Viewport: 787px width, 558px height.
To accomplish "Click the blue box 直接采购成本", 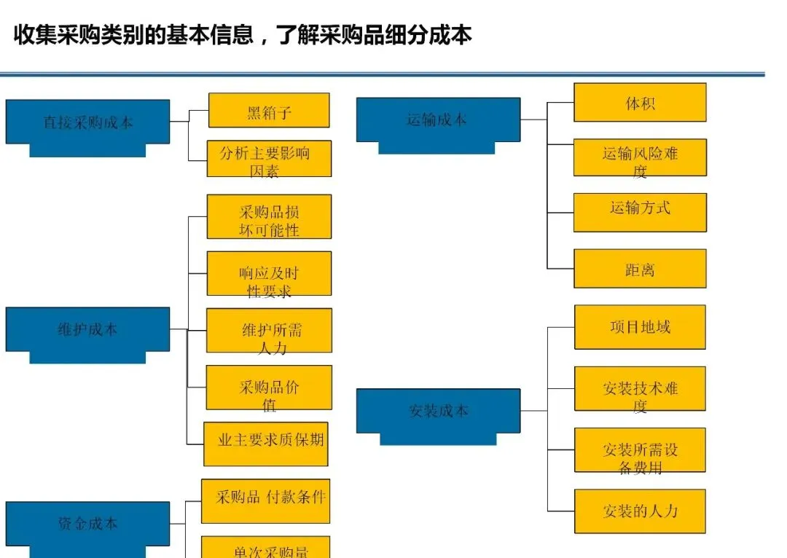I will [x=87, y=122].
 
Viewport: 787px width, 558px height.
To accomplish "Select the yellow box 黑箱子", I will [x=269, y=111].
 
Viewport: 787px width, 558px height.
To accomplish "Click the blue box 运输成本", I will [x=437, y=119].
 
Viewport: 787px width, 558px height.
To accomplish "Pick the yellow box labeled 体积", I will [x=640, y=103].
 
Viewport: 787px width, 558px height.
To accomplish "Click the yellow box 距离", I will [x=640, y=269].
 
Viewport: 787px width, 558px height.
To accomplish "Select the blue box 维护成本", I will [x=87, y=329].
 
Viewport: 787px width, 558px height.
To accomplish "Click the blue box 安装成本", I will [x=438, y=411].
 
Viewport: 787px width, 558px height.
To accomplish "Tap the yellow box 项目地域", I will [x=640, y=327].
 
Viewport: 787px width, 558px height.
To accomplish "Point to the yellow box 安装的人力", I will [x=640, y=511].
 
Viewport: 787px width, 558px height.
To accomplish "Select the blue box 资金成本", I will [x=87, y=523].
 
